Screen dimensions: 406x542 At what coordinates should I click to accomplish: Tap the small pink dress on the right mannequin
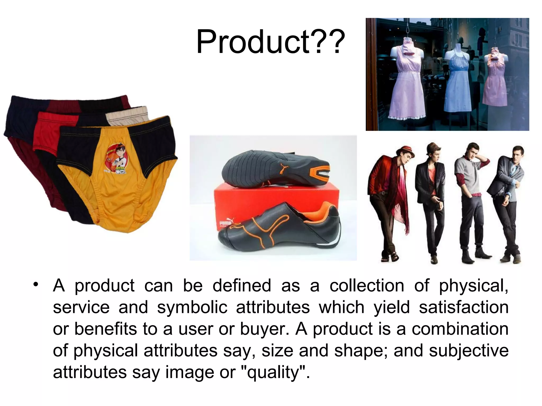pos(494,82)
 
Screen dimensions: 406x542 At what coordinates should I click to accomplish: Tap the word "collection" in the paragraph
pos(367,285)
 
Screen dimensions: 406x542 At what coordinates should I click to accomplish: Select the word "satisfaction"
pos(464,307)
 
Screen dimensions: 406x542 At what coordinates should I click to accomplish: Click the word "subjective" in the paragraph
pos(469,350)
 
